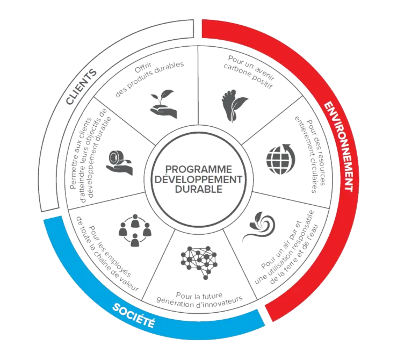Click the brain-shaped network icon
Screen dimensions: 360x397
click(198, 260)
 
